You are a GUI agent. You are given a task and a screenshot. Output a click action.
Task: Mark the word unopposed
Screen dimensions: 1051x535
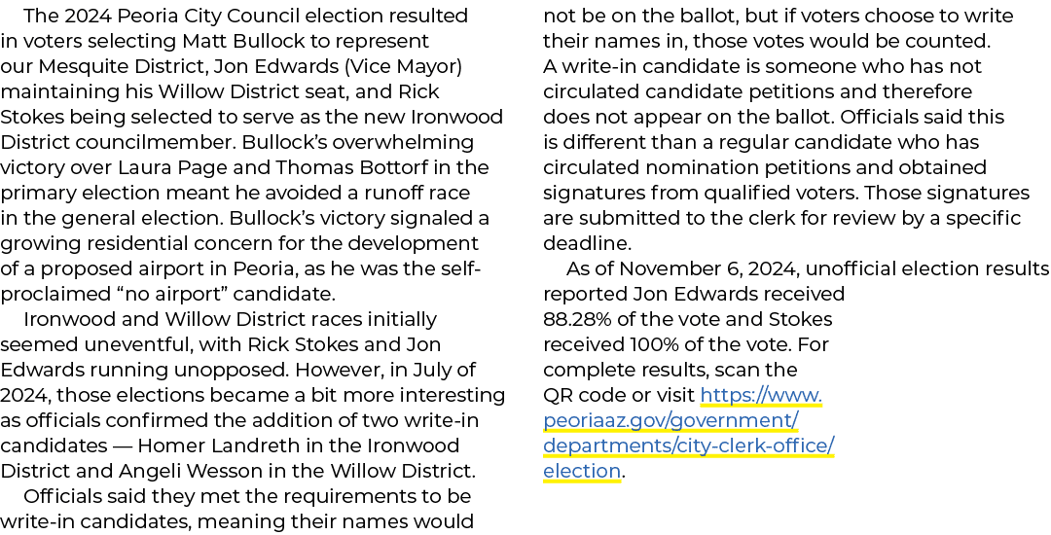point(242,371)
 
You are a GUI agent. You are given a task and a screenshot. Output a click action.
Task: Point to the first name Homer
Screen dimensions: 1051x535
point(164,446)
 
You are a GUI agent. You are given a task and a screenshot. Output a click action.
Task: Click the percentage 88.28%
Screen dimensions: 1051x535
point(577,319)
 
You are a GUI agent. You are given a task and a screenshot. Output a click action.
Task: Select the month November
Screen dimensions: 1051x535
point(660,269)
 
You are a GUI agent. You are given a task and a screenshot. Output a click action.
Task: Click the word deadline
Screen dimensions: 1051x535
point(587,244)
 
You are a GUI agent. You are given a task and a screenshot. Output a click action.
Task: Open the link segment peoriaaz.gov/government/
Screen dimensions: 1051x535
point(670,421)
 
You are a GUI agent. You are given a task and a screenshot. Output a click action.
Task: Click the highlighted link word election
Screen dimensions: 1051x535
point(582,472)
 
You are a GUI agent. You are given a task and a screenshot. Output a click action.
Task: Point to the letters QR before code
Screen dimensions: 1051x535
point(558,396)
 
